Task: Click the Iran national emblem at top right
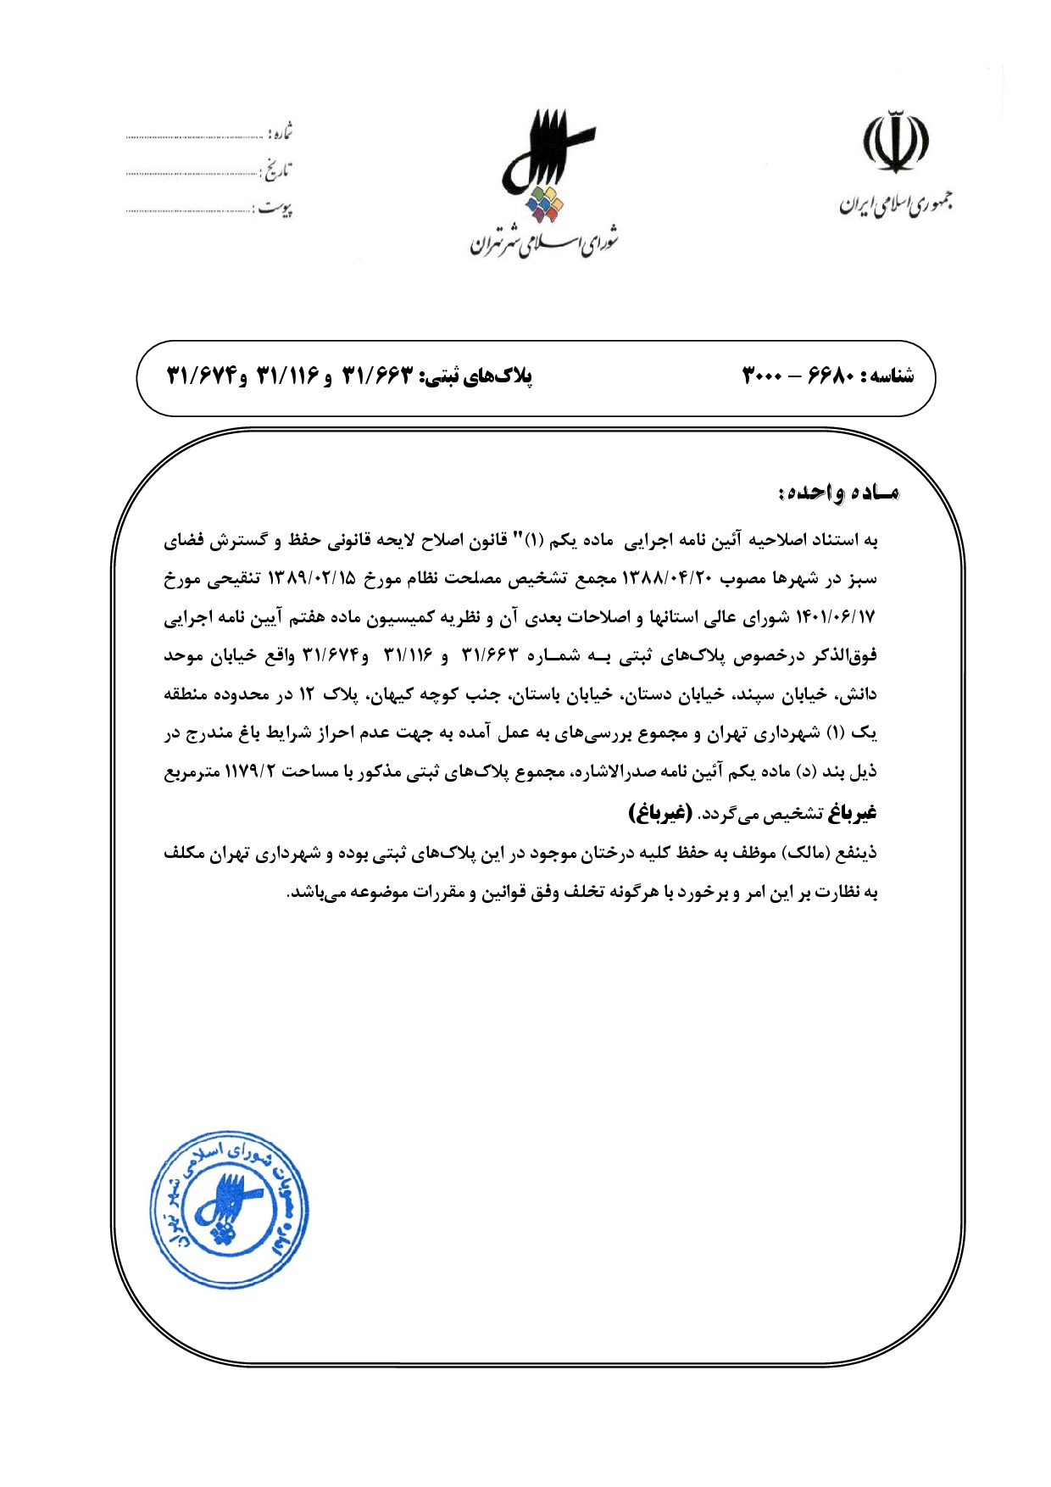coord(896,142)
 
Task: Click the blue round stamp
coord(229,1209)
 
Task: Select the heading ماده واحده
coord(838,493)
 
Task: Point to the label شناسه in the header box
coord(888,376)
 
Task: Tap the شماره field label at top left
coord(281,133)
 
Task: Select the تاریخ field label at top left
coord(276,171)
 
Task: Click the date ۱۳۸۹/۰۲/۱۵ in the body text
coord(312,578)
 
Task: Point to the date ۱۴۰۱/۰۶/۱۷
coord(836,617)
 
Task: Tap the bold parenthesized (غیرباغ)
coord(659,812)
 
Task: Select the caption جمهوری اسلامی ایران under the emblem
coord(896,204)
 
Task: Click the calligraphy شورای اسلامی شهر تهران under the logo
coord(545,242)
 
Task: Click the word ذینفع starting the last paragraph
coord(857,853)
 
